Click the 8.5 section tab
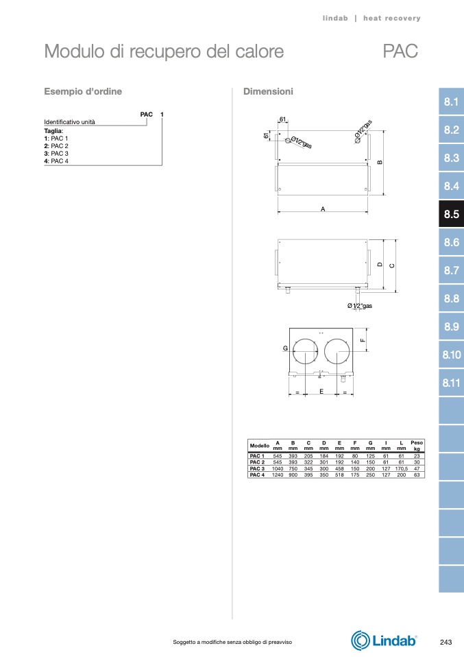pyautogui.click(x=451, y=214)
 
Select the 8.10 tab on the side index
pyautogui.click(x=451, y=355)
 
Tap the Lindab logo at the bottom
pyautogui.click(x=384, y=641)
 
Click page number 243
pyautogui.click(x=446, y=642)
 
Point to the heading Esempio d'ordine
pyautogui.click(x=83, y=91)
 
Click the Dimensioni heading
pyautogui.click(x=268, y=91)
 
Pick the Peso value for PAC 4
pyautogui.click(x=417, y=475)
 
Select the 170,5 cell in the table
pyautogui.click(x=401, y=468)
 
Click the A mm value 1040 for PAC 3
pyautogui.click(x=278, y=468)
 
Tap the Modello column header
pyautogui.click(x=260, y=445)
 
